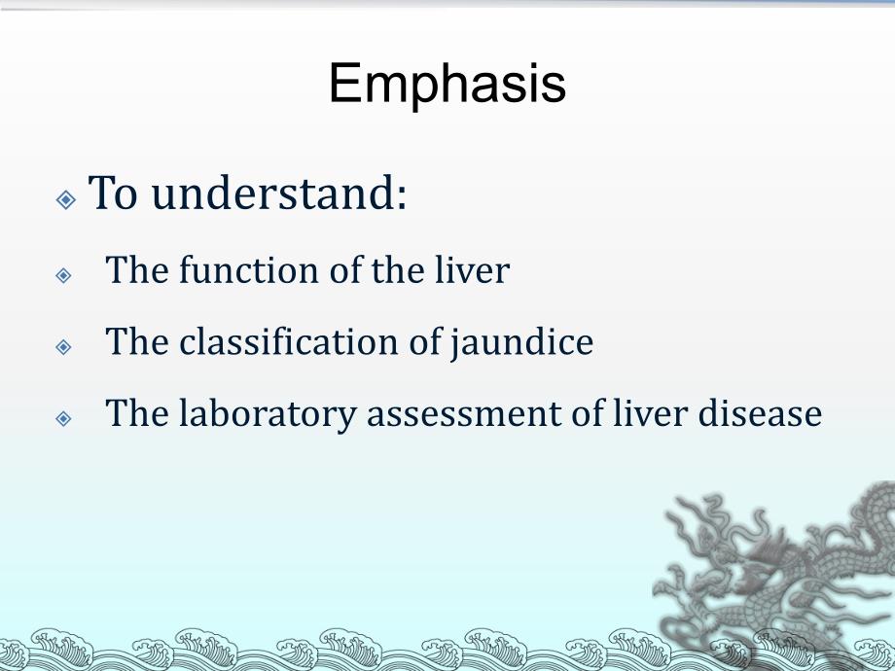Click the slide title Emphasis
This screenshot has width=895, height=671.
pos(447,84)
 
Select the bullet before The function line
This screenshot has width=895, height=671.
pos(64,275)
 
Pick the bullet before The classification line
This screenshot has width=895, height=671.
pos(64,347)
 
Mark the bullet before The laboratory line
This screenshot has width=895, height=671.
pos(64,419)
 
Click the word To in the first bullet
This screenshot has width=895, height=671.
pos(113,194)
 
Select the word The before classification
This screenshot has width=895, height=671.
pos(132,342)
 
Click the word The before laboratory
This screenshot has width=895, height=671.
pos(132,414)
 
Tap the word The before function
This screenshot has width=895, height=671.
pos(132,269)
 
